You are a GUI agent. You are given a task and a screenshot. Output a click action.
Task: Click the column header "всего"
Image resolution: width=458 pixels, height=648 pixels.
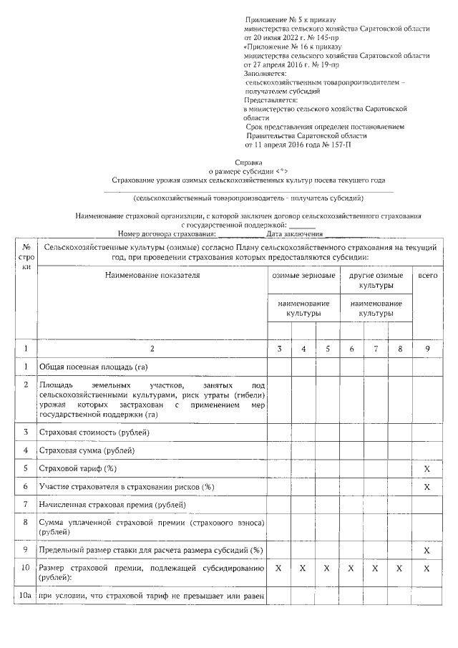tap(427, 275)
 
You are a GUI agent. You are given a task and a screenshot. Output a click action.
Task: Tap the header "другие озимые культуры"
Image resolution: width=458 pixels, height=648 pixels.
tap(376, 280)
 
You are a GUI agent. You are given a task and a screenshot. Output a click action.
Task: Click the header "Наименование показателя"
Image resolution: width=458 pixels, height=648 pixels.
tap(152, 275)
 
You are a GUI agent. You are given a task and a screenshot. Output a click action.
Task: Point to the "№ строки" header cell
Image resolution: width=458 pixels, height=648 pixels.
tap(26, 257)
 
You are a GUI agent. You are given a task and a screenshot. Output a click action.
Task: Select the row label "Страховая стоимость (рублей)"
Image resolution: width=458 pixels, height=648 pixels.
tap(95, 432)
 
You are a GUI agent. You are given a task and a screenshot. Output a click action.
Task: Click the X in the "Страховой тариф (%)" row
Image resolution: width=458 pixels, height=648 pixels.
tap(427, 468)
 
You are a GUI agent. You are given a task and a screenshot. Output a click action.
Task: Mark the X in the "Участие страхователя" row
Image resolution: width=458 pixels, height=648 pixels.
tap(427, 487)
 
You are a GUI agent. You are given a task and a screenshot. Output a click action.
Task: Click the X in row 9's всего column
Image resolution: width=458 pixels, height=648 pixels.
tap(427, 550)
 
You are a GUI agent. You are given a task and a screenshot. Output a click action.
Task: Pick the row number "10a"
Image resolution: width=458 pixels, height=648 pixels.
tap(26, 596)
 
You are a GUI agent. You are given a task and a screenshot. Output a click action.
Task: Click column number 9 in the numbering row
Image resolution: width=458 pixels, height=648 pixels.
tap(427, 349)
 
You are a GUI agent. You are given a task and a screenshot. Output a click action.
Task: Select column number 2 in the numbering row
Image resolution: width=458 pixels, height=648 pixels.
tap(152, 349)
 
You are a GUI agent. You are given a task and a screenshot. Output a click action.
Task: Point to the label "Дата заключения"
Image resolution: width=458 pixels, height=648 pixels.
tap(295, 233)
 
